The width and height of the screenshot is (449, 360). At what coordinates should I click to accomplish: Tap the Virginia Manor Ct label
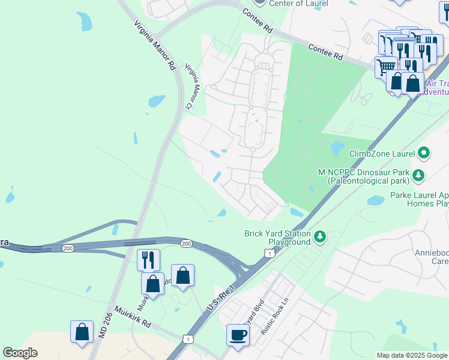click(x=191, y=87)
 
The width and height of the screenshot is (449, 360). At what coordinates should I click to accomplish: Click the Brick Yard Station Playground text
click(x=277, y=238)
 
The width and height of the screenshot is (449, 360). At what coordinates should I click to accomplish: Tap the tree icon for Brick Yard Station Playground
click(x=321, y=238)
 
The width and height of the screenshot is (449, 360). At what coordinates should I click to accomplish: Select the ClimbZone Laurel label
click(x=382, y=154)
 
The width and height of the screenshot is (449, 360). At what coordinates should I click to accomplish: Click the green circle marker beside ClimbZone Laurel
click(x=424, y=153)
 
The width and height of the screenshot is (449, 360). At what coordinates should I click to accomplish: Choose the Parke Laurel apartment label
click(x=419, y=199)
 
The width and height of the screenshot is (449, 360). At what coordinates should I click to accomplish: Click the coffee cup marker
click(x=238, y=334)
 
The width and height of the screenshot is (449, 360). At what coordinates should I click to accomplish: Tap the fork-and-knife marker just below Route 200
click(x=148, y=260)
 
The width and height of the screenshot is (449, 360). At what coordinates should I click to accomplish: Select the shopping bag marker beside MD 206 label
click(x=82, y=332)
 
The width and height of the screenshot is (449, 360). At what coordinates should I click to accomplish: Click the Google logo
click(x=20, y=353)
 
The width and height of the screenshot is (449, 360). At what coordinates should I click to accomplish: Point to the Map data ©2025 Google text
click(x=411, y=355)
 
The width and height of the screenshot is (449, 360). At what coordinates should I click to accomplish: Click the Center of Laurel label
click(x=298, y=4)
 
